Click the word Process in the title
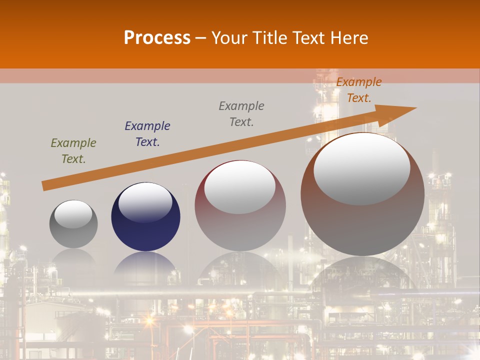click(x=157, y=37)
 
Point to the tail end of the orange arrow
click(x=44, y=186)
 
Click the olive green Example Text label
click(x=73, y=151)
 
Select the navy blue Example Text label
click(x=147, y=134)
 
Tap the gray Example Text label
click(x=241, y=114)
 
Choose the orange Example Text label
click(x=358, y=90)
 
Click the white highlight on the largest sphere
click(x=362, y=168)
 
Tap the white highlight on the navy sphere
click(x=145, y=202)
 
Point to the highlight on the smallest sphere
click(x=73, y=214)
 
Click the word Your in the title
click(x=229, y=37)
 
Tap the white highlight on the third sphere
click(x=240, y=186)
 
